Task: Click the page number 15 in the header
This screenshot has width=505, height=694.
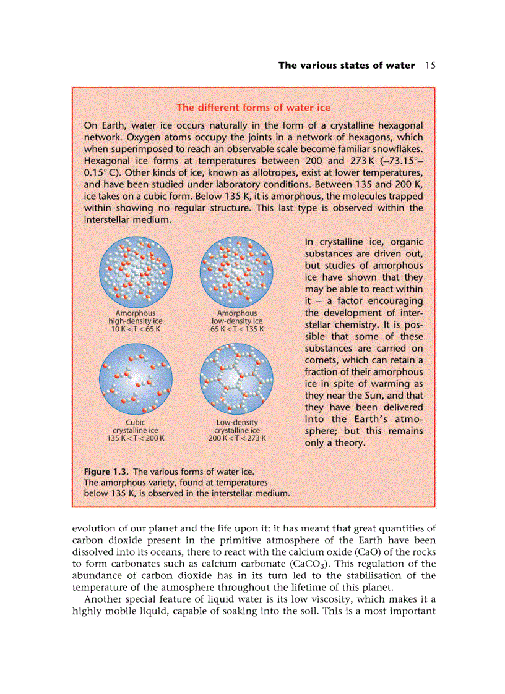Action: click(431, 66)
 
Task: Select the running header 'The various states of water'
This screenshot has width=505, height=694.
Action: click(347, 66)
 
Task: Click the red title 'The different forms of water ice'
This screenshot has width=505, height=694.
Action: click(254, 108)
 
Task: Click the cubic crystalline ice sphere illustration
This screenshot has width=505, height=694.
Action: click(136, 380)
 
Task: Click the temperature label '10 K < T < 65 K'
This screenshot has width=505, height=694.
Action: click(136, 329)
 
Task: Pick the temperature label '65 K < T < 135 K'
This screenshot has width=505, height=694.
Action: click(237, 329)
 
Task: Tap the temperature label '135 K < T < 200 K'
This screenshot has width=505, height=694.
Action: click(136, 438)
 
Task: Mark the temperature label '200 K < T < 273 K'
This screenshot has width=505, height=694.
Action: click(237, 438)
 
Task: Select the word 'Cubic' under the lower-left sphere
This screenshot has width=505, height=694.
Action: click(136, 423)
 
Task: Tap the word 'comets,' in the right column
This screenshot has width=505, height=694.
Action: click(324, 360)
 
